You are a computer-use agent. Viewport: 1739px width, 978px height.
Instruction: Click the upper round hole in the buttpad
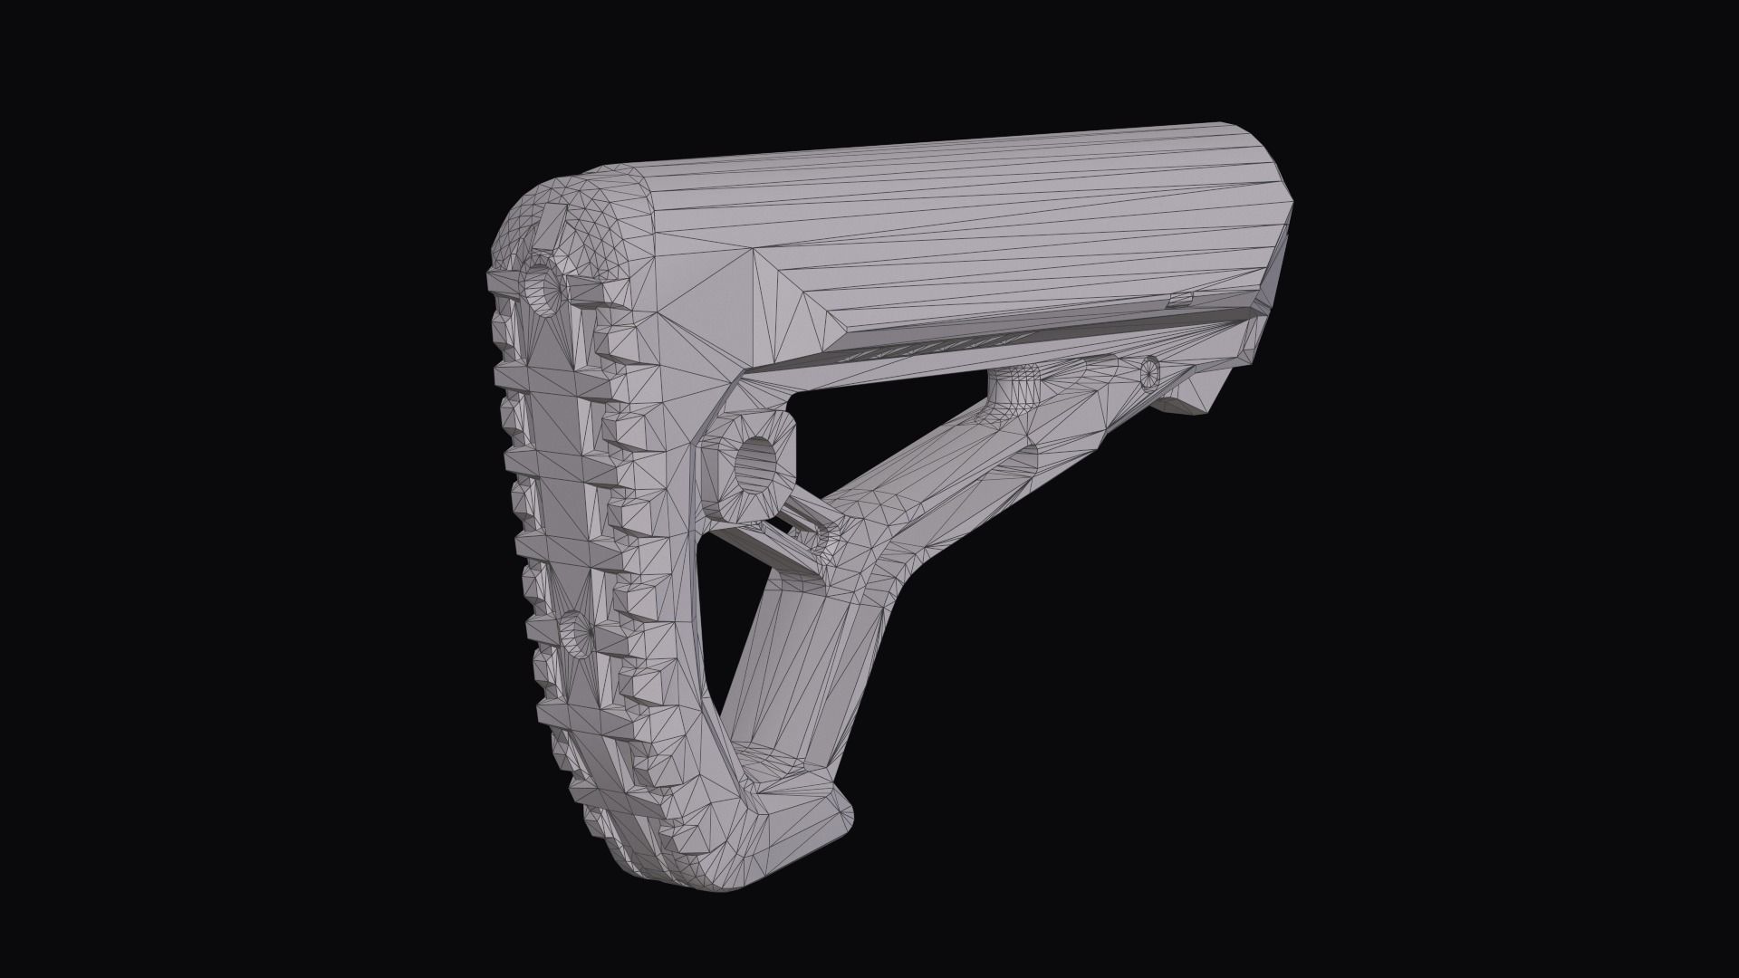click(546, 288)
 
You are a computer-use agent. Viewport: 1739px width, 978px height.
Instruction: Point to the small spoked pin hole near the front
click(1149, 368)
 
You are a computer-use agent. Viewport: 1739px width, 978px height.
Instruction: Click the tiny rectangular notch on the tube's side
click(1180, 299)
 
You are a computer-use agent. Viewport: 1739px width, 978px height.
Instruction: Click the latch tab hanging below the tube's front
click(1196, 394)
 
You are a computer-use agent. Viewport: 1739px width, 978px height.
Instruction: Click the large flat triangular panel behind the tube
click(716, 299)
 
